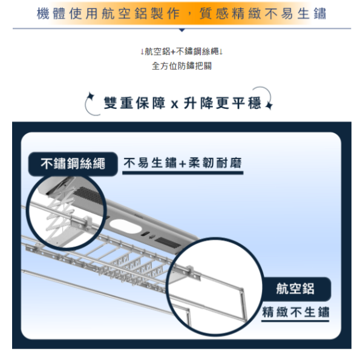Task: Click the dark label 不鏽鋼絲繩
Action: [73, 164]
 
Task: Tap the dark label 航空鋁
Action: [296, 289]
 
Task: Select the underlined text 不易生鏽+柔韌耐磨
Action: [183, 163]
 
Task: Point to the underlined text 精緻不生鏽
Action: [296, 312]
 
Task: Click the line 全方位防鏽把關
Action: [181, 66]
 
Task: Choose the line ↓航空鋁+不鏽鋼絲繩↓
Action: [181, 51]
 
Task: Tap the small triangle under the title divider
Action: [182, 30]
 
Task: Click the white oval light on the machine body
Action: [125, 226]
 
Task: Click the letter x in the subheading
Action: [175, 105]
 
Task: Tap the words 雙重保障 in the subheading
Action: [134, 103]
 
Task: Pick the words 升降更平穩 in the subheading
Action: [223, 103]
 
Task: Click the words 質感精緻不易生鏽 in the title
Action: [263, 13]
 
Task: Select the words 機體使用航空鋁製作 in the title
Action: [108, 13]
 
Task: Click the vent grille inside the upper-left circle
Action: [88, 195]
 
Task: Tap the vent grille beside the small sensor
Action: [167, 243]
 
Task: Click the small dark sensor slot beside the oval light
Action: [145, 234]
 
